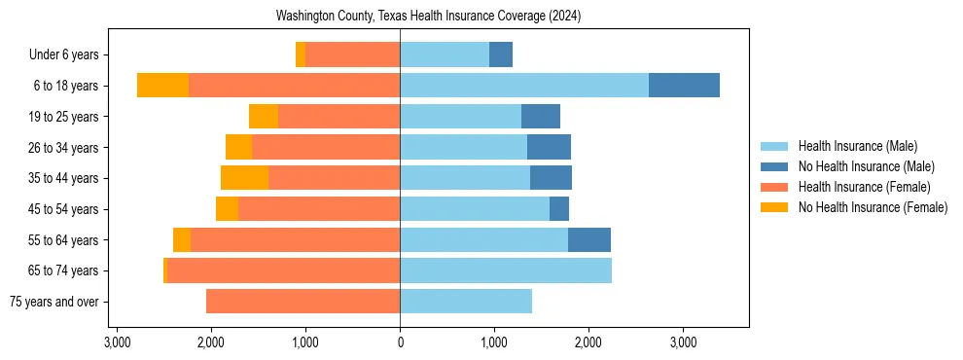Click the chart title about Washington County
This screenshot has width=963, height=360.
428,17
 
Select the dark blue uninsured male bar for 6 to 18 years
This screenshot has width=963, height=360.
684,86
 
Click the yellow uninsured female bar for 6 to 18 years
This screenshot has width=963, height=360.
162,86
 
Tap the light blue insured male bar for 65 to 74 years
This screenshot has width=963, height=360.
506,270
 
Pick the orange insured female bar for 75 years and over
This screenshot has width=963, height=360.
303,302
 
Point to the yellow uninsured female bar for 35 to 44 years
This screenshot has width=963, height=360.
244,178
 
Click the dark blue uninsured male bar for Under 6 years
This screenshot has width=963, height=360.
501,55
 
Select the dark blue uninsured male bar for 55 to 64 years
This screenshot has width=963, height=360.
589,239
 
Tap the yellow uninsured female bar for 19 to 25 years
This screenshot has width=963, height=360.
264,117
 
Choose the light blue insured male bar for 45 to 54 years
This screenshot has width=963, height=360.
475,209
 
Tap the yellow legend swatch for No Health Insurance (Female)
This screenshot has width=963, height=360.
774,207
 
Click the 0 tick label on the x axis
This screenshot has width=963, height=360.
400,343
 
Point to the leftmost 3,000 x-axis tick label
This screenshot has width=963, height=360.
117,343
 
